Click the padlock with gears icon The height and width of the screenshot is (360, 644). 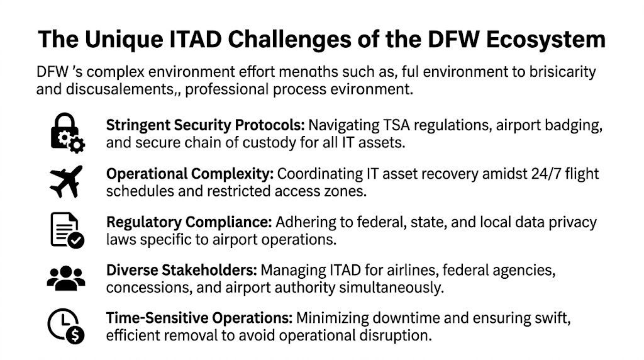coord(66,133)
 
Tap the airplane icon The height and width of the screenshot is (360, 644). coord(66,182)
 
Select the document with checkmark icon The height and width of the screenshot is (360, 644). coord(66,230)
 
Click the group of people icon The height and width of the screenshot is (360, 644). coord(66,278)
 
